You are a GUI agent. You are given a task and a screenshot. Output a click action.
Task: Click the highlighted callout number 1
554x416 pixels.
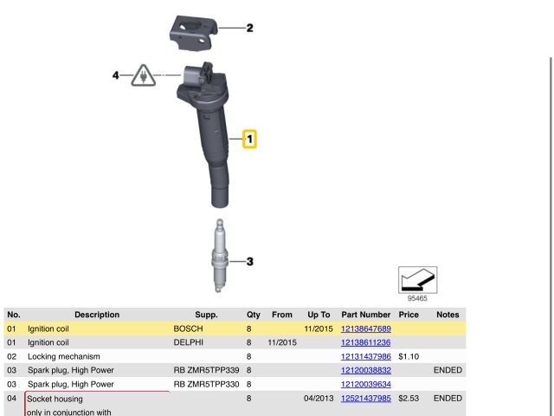[x=249, y=139]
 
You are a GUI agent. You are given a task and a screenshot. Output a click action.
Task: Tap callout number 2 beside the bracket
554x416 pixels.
[x=250, y=28]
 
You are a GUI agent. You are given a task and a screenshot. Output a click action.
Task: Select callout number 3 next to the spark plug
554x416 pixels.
[x=250, y=262]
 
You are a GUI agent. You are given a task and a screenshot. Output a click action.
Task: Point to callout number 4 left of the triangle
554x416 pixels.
[x=115, y=75]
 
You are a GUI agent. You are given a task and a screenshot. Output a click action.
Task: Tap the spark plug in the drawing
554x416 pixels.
[x=219, y=256]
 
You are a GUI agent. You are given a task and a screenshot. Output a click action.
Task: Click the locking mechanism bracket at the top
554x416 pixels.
[x=194, y=33]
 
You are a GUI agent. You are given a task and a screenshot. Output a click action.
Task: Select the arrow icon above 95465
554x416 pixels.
[x=417, y=280]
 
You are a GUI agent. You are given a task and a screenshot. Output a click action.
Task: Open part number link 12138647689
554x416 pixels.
[x=365, y=329]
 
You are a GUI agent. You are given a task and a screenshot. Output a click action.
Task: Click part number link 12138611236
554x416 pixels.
[x=365, y=343]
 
